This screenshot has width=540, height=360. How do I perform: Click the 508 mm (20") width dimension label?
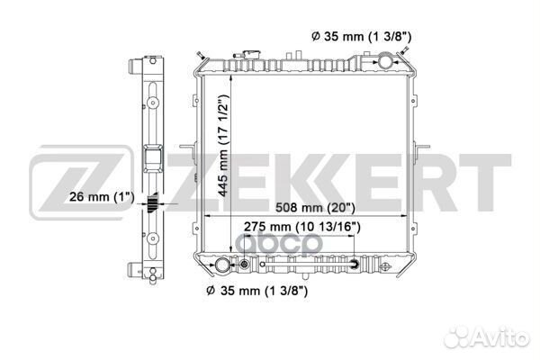pyautogui.click(x=315, y=207)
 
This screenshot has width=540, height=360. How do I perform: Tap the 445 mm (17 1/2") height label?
pyautogui.click(x=223, y=146)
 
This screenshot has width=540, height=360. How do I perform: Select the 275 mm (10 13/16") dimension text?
pyautogui.click(x=302, y=227)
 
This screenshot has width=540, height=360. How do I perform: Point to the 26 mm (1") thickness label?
pyautogui.click(x=102, y=197)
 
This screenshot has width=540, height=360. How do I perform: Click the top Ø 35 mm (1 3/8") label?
pyautogui.click(x=361, y=36)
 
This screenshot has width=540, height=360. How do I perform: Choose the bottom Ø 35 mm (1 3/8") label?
pyautogui.click(x=256, y=291)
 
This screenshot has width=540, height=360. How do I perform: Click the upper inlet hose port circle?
pyautogui.click(x=385, y=61)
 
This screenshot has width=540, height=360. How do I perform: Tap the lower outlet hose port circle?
pyautogui.click(x=221, y=265)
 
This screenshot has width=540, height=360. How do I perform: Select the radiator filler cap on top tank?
pyautogui.click(x=250, y=54)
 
